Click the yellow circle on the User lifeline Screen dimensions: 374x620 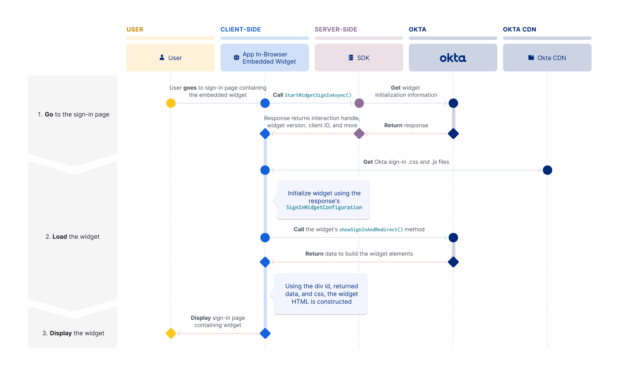(x=171, y=103)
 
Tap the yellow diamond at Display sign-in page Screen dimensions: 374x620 (x=171, y=333)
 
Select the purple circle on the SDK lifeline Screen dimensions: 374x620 (x=359, y=103)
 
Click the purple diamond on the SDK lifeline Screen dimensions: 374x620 (x=359, y=134)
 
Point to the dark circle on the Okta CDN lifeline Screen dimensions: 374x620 (x=547, y=170)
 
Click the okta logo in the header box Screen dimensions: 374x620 (x=453, y=58)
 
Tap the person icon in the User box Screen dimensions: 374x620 (x=162, y=58)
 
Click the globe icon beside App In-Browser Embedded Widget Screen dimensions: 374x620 (x=236, y=58)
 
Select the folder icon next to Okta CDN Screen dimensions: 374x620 (x=531, y=58)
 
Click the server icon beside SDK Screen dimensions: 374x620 (x=351, y=58)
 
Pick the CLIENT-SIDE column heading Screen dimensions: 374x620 (x=240, y=30)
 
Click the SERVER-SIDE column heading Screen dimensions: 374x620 (x=336, y=30)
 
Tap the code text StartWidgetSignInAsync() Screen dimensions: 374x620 (x=318, y=95)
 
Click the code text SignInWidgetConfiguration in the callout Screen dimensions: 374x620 (x=324, y=208)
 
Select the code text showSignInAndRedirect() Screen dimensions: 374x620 (x=371, y=229)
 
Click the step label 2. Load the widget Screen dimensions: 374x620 (x=72, y=237)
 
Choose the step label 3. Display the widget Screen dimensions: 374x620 (x=73, y=333)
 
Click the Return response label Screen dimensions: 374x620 (x=406, y=125)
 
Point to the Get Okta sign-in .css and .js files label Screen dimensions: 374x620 (x=406, y=162)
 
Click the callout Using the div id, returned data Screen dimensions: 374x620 (x=321, y=294)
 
